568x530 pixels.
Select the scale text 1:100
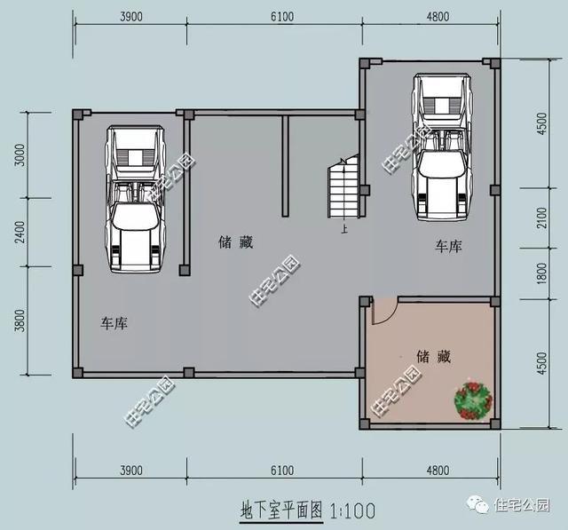[x=353, y=510]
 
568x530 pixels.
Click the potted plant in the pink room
[x=472, y=400]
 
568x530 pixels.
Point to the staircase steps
[x=343, y=188]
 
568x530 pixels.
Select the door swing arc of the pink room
[x=383, y=311]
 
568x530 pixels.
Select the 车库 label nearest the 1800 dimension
[x=448, y=245]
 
